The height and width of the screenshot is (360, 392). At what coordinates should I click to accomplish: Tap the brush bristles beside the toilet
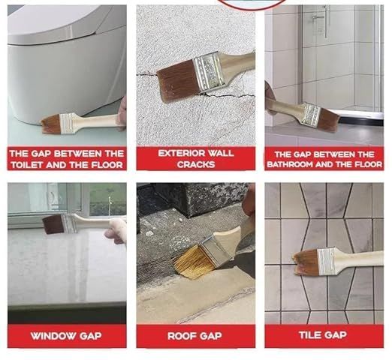tap(51, 124)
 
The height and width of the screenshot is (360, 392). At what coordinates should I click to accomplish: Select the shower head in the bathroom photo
tap(318, 17)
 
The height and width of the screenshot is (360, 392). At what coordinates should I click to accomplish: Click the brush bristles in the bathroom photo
tap(327, 118)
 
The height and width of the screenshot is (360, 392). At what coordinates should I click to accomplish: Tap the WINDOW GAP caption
tap(67, 335)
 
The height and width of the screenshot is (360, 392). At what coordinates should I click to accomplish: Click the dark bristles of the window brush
tap(53, 223)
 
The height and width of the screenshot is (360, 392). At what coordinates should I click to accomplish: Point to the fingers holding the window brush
tap(117, 230)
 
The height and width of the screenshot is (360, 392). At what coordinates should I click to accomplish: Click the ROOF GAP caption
tap(194, 336)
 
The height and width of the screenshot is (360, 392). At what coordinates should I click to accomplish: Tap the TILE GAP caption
tap(324, 335)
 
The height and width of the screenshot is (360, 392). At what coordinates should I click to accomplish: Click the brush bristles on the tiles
tap(306, 262)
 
